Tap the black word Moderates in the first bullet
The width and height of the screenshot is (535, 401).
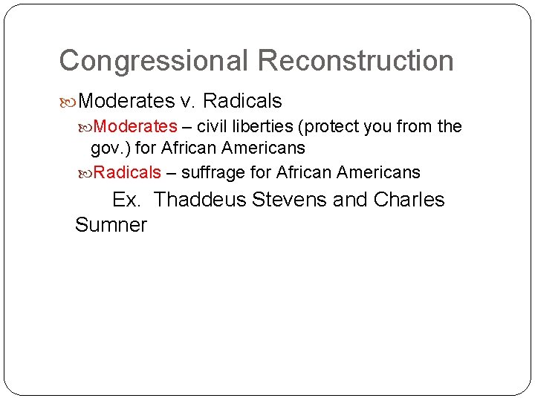click(126, 100)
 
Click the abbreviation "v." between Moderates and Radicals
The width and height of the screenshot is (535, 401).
click(187, 100)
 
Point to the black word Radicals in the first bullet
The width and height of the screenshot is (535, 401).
click(241, 100)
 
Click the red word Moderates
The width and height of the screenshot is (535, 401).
click(136, 127)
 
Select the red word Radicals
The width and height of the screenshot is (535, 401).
click(128, 173)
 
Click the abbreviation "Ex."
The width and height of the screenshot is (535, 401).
click(129, 200)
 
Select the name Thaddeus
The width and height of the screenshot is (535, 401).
click(201, 200)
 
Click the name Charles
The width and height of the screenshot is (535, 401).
click(409, 200)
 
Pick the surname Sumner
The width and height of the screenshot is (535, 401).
click(111, 225)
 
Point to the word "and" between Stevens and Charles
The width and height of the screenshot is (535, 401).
click(351, 200)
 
